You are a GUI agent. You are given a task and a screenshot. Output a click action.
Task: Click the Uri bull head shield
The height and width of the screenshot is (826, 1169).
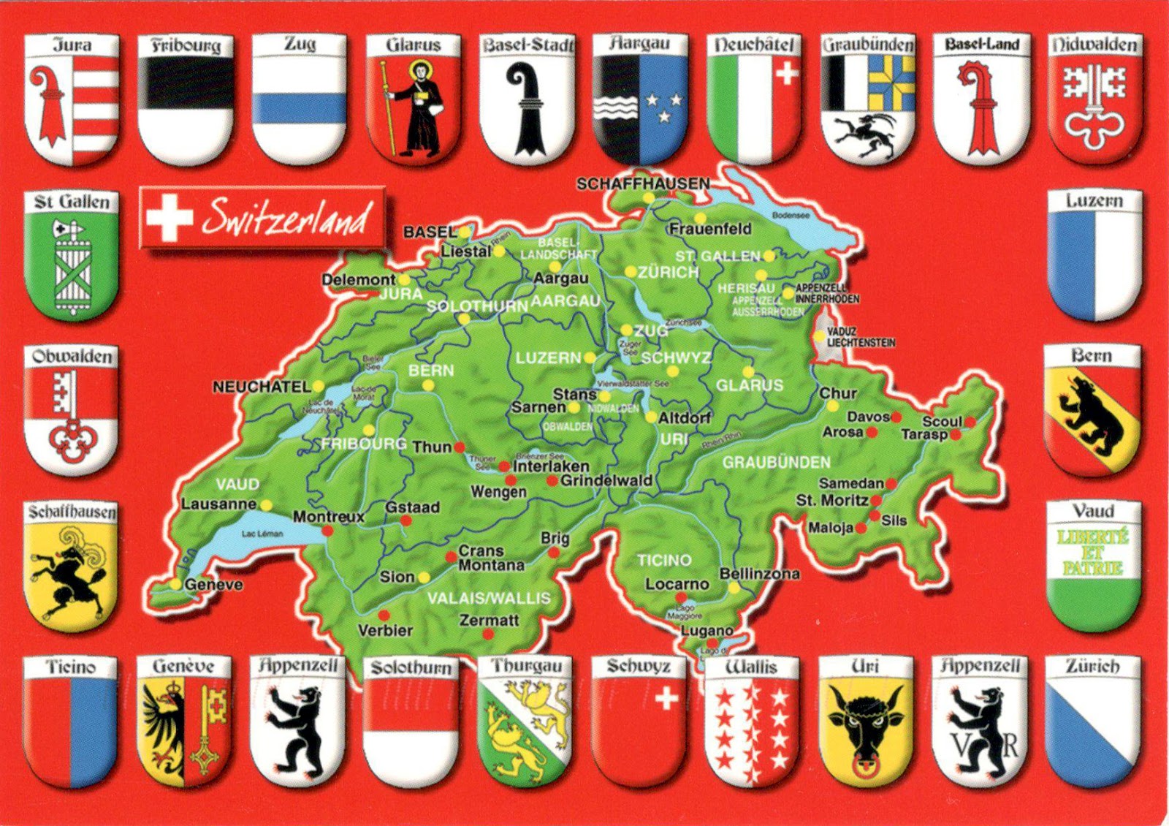[865, 724]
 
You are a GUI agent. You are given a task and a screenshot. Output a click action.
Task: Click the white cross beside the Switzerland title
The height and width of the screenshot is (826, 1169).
[169, 217]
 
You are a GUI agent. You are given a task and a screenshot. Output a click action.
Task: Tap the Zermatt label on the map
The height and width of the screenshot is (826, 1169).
[489, 620]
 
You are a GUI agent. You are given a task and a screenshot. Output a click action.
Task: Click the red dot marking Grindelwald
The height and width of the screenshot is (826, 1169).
[552, 481]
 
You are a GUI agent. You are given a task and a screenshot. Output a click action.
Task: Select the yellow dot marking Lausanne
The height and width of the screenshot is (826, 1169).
[267, 505]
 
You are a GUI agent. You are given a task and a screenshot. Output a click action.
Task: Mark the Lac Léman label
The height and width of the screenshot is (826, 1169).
[262, 534]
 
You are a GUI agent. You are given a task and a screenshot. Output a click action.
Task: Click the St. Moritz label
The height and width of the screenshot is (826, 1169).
[831, 501]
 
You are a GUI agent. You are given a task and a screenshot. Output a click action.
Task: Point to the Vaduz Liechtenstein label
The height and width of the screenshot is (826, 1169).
[861, 337]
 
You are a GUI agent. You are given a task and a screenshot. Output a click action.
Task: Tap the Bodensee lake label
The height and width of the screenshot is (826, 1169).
[791, 216]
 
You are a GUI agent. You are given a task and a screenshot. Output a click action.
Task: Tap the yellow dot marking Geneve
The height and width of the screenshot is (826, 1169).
[176, 584]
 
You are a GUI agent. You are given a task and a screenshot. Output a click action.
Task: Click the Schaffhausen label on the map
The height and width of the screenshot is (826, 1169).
[643, 183]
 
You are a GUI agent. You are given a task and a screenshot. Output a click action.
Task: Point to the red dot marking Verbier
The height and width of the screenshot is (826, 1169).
[384, 615]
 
